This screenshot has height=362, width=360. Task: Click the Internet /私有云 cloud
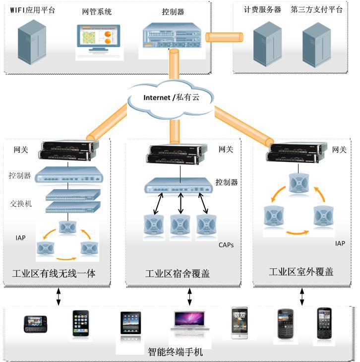(171, 98)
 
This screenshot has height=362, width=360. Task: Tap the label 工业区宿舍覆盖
(177, 273)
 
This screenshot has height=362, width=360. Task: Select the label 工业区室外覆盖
(301, 272)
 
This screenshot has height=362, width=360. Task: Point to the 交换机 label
(20, 203)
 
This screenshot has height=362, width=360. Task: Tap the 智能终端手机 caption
(176, 353)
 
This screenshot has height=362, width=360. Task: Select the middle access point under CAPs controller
(180, 226)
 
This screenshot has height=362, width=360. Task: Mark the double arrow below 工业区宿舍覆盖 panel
(189, 297)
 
